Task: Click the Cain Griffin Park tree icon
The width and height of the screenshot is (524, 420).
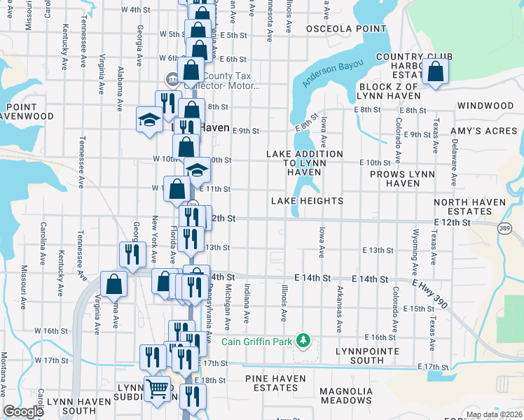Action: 303,341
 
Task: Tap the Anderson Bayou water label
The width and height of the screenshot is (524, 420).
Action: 333,73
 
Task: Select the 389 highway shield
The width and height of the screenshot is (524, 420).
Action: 504,228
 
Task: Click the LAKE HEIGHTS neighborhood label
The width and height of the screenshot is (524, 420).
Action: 308,201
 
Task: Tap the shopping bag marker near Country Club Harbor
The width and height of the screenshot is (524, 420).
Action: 436,72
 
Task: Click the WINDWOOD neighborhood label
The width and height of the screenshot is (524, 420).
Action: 485,106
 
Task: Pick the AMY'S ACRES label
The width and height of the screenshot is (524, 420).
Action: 488,132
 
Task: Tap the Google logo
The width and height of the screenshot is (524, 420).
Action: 24,412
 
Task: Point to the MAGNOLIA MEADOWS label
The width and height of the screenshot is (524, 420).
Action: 350,396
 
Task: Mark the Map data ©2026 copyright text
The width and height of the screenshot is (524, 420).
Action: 493,414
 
